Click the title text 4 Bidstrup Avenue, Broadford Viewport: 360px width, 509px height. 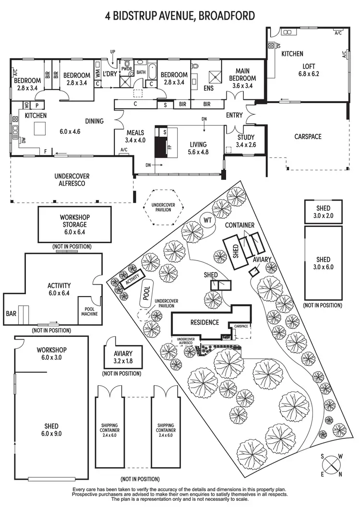point(180,16)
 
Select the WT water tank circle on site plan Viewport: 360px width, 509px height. point(207,220)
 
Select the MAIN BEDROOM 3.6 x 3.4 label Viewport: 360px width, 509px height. point(242,78)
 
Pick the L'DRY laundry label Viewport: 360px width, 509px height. point(110,75)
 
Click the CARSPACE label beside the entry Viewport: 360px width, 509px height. point(308,137)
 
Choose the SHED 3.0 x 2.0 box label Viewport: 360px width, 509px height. point(323,212)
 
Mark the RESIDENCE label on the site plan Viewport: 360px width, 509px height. point(204,322)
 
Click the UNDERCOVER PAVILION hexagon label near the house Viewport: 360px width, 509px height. point(163,207)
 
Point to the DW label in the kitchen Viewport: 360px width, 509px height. point(23,141)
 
